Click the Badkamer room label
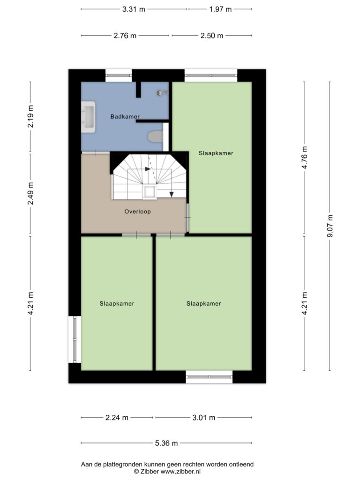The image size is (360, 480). pos(125,116)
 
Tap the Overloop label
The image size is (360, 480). pos(137,211)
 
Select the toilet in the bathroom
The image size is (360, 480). pos(156,136)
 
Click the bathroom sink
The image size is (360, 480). pos(88,117)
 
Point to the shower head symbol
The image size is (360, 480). pos(162,93)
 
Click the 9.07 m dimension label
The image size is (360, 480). pos(330,226)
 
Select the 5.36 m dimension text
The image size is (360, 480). pos(166,443)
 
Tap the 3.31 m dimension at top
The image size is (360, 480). pos(134,9)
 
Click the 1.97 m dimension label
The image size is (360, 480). pos(220,9)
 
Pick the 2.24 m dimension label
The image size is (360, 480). pos(117,417)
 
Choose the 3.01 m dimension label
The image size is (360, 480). pos(203,417)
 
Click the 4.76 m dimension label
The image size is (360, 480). pos(304,157)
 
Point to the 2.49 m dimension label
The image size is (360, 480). pos(30,194)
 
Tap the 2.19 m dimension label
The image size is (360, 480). pos(30,116)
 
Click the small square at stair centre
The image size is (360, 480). pos(150,192)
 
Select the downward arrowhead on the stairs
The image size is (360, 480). pos(172,195)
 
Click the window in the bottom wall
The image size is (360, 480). pos(209,377)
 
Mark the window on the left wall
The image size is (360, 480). pos(75,339)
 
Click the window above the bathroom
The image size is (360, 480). pos(119,75)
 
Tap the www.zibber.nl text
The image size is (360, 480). pos(180,472)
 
